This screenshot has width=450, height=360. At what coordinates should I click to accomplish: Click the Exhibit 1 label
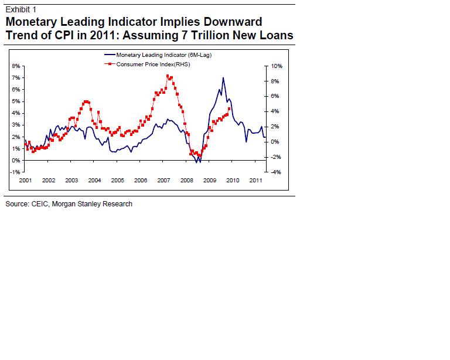21,9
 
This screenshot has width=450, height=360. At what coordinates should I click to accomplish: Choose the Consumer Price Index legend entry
154,64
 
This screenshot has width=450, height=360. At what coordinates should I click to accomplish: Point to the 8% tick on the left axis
16,66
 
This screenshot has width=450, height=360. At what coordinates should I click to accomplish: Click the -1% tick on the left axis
16,172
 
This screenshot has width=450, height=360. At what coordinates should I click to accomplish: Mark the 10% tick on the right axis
277,66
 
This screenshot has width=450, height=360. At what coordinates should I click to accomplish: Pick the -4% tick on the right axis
277,172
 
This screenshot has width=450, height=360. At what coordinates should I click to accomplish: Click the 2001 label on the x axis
25,181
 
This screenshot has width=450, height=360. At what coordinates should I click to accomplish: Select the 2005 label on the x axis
117,181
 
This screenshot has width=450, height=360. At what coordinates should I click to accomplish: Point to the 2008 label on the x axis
186,181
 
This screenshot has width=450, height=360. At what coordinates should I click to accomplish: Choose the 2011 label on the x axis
255,181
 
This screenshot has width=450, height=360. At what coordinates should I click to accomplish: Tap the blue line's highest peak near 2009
223,78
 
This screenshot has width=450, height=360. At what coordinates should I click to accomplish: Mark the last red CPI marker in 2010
229,108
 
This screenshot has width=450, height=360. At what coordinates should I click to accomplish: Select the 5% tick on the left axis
16,101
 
